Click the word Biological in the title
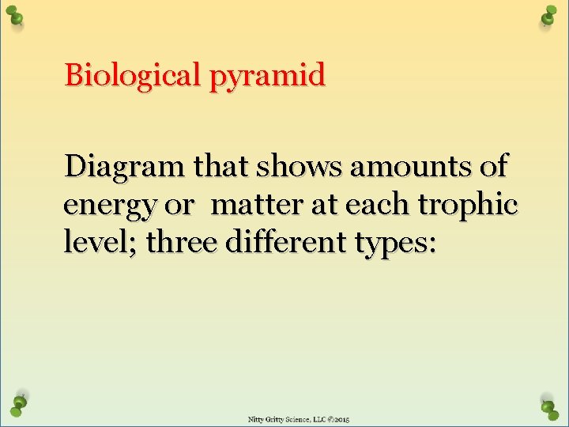click(x=132, y=77)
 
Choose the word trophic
click(x=467, y=205)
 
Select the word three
click(x=183, y=242)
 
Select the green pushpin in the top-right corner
click(x=548, y=17)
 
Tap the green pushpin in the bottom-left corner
click(x=19, y=404)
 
